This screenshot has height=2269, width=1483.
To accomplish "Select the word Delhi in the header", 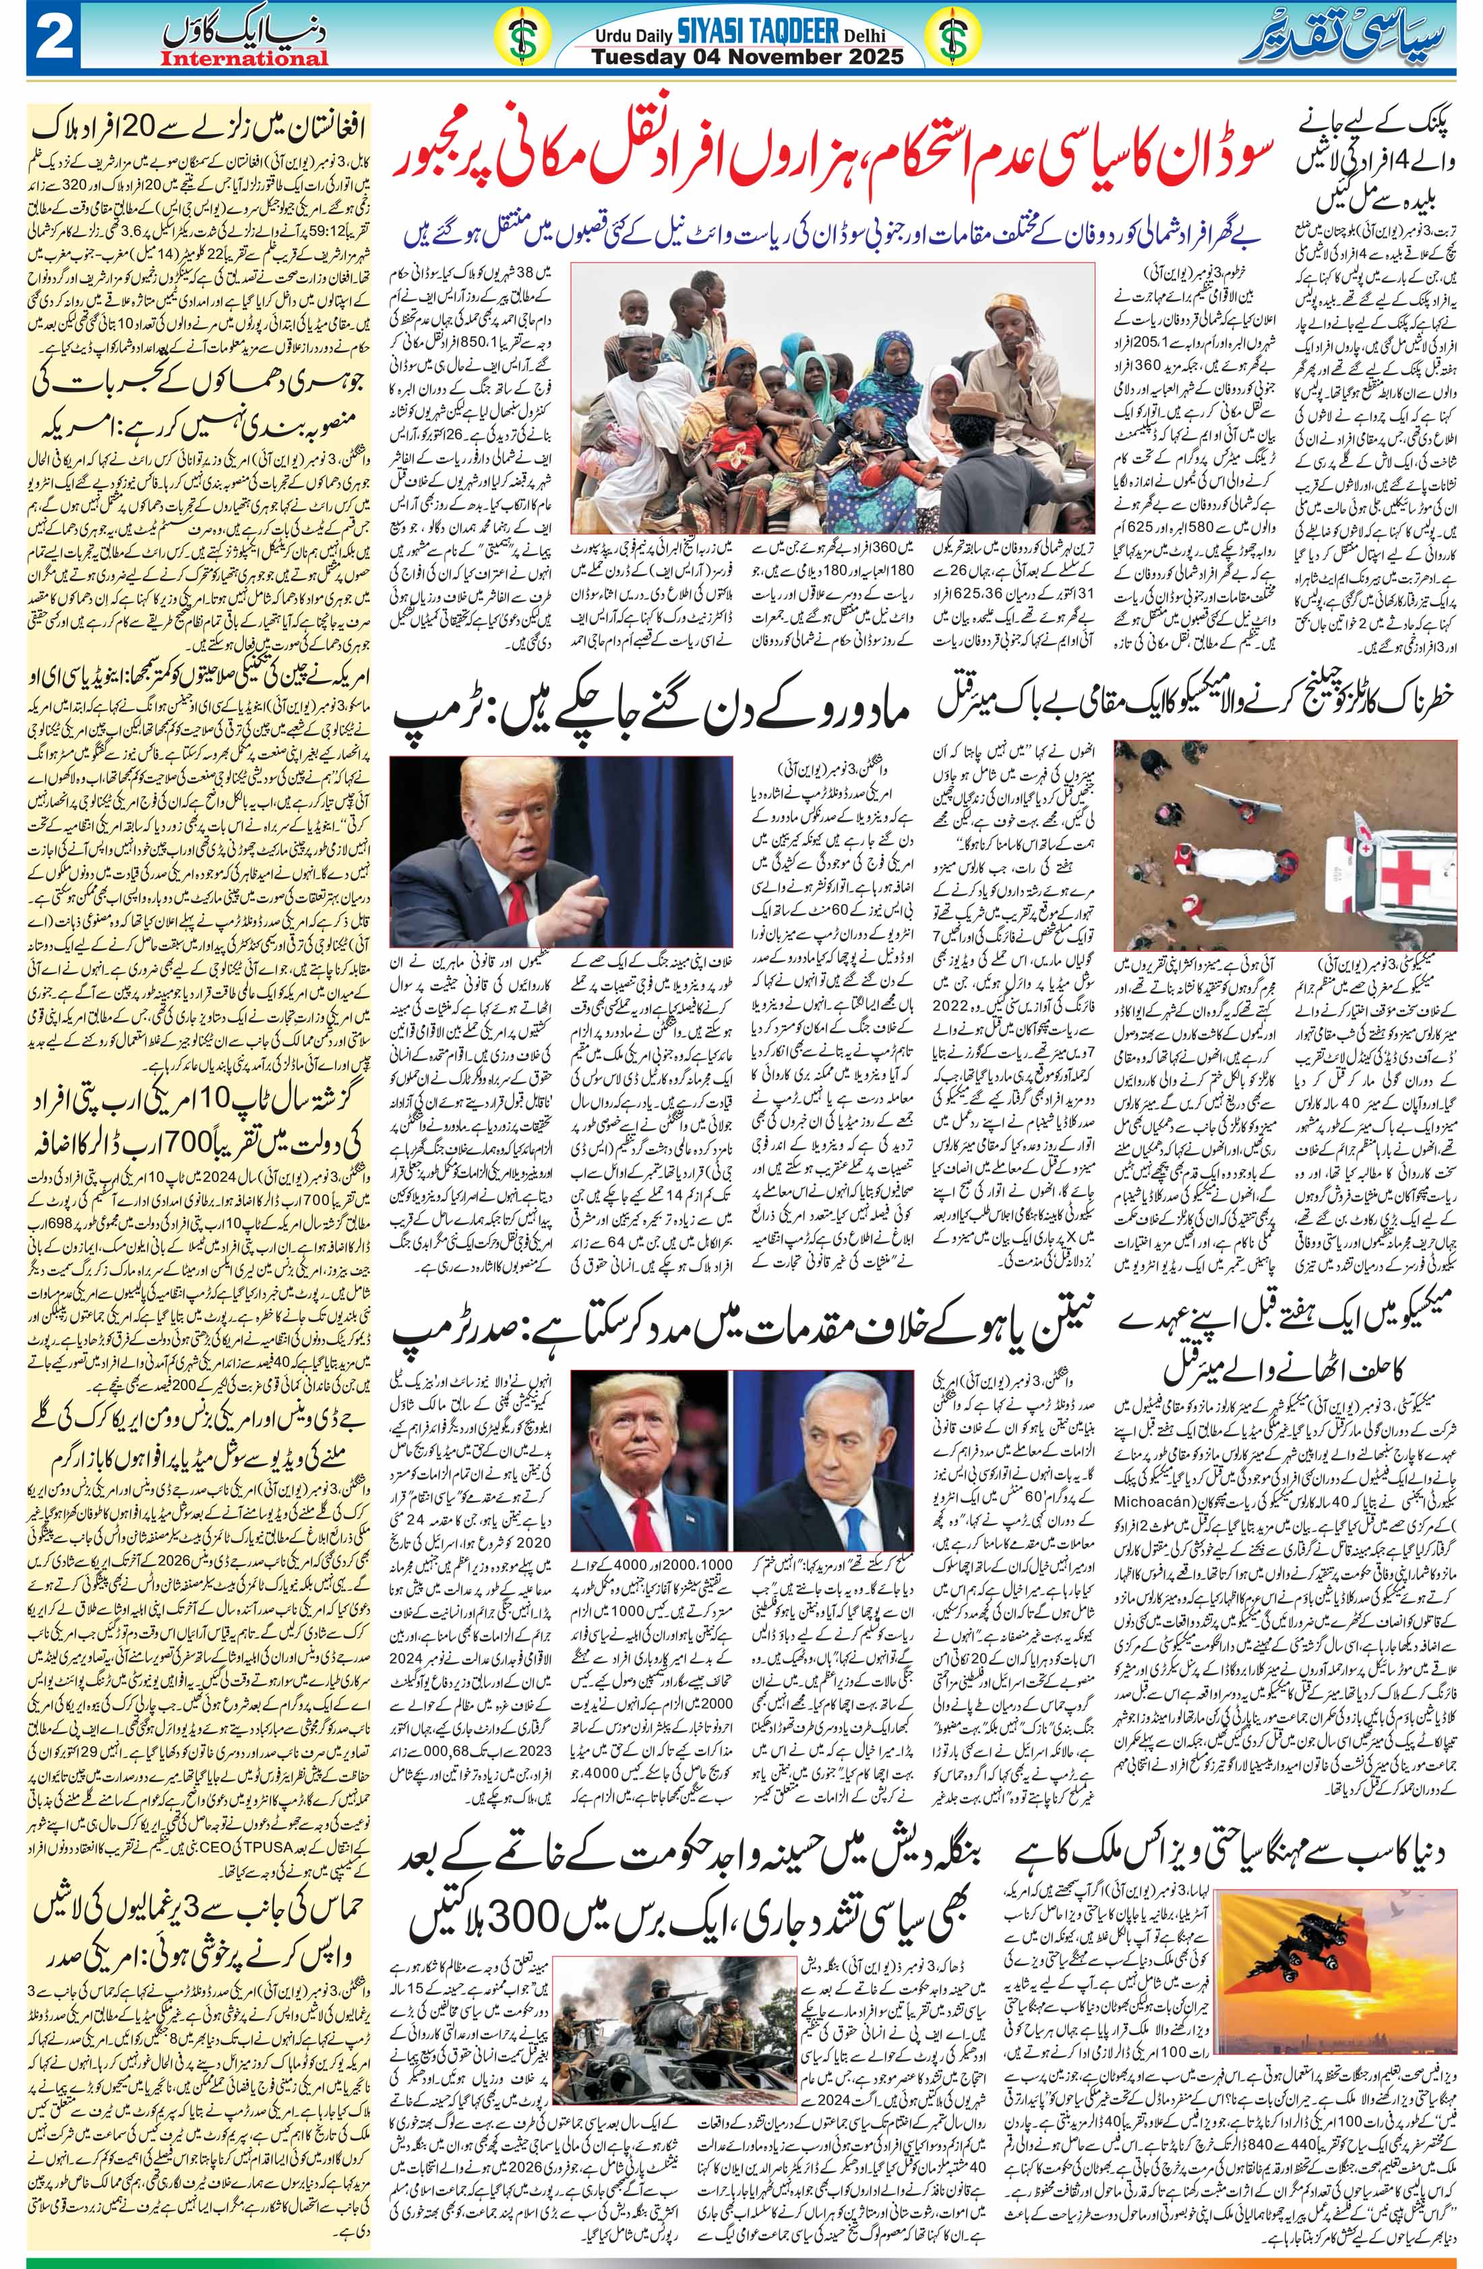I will [x=861, y=35].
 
